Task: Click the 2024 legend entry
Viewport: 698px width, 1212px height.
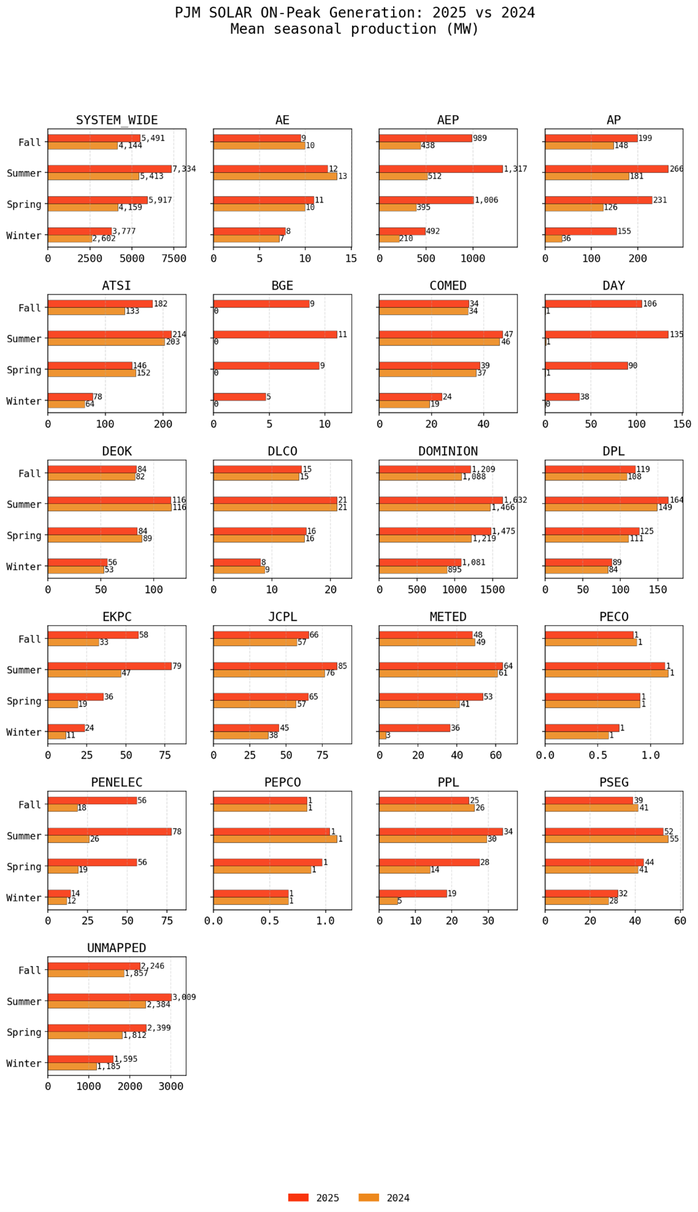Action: coord(384,1198)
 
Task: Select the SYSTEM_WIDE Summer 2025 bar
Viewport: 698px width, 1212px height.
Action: coord(110,169)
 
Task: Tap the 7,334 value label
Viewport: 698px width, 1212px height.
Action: coord(184,169)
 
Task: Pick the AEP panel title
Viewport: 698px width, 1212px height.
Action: coord(448,120)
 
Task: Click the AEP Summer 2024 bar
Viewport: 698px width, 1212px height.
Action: coord(403,176)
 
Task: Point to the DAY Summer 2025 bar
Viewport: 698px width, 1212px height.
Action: coord(606,335)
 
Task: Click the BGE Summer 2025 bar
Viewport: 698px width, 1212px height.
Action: coord(275,335)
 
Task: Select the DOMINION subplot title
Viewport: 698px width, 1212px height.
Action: coord(448,452)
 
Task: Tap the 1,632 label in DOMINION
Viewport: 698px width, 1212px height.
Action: coord(515,500)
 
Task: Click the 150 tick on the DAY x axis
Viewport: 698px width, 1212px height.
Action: coord(682,424)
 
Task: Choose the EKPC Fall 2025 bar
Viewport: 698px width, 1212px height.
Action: coord(93,635)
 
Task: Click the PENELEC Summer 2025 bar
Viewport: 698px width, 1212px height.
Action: coord(110,831)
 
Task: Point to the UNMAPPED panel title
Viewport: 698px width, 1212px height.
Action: coord(116,948)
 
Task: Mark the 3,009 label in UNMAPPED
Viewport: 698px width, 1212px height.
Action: coord(184,997)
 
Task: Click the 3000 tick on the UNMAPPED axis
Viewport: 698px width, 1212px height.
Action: coord(171,1086)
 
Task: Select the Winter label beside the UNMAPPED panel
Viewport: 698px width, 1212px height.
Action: coord(23,1063)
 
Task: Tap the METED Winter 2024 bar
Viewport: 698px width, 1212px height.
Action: coord(383,735)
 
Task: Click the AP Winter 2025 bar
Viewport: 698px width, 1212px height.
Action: coord(580,231)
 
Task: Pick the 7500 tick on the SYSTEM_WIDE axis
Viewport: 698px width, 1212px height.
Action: coord(174,259)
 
